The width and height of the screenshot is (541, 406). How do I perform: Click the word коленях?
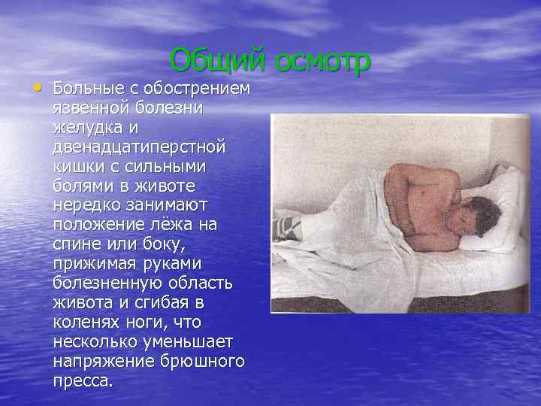86,323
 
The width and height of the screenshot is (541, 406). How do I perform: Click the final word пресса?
83,381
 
